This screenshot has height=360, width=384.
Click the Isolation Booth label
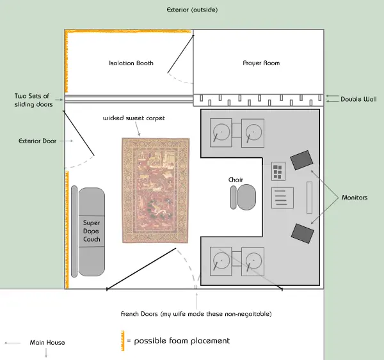131,63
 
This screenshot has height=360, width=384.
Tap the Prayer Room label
261,63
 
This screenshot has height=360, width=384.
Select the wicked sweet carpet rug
156,191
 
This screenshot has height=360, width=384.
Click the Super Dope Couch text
92,231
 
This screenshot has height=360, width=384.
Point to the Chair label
236,180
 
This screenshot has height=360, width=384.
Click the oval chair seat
246,197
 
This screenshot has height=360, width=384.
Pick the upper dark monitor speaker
301,160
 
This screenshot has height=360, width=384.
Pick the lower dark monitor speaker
303,233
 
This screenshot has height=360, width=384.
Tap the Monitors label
355,198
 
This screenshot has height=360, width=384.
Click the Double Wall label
358,99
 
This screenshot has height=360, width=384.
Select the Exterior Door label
38,141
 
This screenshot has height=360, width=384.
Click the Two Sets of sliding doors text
33,100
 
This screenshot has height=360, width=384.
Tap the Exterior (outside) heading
192,10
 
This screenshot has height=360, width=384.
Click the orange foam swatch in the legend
123,341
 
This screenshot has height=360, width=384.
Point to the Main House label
47,342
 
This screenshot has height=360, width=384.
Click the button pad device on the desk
278,171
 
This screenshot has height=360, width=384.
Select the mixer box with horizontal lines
282,198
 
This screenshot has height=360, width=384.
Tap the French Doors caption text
196,314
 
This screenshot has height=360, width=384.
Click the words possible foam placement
182,341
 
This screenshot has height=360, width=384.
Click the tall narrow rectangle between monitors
309,198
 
